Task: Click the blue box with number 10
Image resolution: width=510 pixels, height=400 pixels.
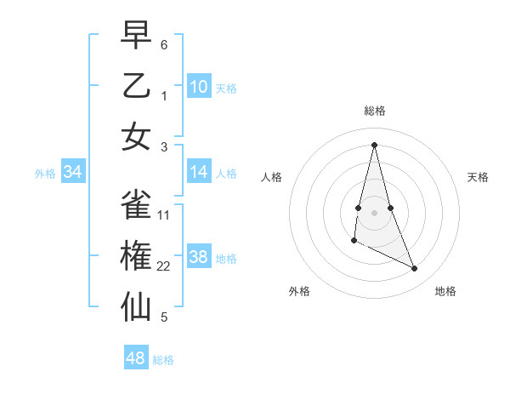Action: click(x=199, y=86)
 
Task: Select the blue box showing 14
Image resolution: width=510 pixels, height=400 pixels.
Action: click(x=199, y=172)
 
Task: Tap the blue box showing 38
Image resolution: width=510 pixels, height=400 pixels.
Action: click(x=199, y=257)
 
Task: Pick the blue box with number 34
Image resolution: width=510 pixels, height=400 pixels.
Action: click(x=73, y=172)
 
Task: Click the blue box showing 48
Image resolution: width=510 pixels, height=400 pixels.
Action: click(x=136, y=358)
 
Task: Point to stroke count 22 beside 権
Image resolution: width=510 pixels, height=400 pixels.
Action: click(x=164, y=266)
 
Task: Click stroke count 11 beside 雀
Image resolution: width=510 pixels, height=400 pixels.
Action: click(x=164, y=215)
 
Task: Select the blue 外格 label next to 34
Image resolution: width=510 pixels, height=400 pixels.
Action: click(x=45, y=174)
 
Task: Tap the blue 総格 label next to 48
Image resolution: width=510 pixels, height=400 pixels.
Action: click(x=163, y=360)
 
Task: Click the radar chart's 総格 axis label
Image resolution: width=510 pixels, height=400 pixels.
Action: click(x=374, y=111)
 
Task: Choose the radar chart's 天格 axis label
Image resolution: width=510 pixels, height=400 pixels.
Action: click(x=478, y=177)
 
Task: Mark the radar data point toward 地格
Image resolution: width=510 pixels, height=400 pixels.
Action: click(x=415, y=269)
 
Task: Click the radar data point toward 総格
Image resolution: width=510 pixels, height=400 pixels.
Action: click(x=374, y=144)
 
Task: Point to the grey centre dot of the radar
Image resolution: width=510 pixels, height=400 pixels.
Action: click(x=374, y=200)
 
